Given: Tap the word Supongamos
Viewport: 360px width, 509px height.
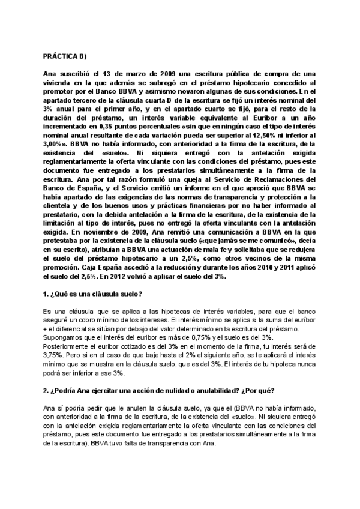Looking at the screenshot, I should click(65, 337).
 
